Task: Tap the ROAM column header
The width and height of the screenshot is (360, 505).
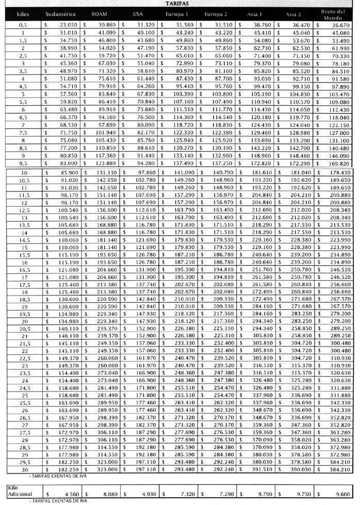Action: click(100, 14)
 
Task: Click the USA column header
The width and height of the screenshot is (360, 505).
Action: click(137, 14)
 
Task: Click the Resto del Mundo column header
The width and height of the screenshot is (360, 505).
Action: click(333, 14)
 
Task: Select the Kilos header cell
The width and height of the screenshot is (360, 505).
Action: click(23, 14)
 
